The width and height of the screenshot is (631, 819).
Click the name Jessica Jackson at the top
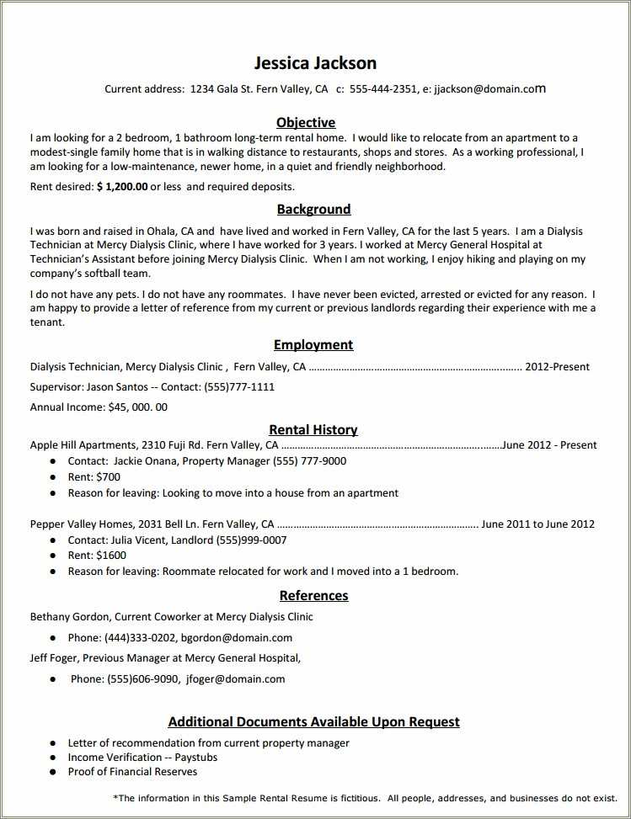[315, 63]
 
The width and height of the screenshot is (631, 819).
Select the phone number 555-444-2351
[382, 88]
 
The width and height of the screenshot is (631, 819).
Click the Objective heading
[306, 122]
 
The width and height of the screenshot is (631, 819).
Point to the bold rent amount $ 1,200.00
[122, 186]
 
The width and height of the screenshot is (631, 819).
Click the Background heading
[313, 209]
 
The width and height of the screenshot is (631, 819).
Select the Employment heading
[313, 344]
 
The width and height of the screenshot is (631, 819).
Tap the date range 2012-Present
[557, 366]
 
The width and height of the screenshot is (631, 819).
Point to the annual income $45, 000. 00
[138, 407]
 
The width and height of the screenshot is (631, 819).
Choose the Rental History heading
[313, 429]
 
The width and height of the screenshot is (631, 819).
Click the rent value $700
[109, 476]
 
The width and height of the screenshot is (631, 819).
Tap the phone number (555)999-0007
[251, 540]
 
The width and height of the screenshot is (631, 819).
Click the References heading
[313, 595]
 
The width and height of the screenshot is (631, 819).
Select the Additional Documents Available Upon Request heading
[313, 721]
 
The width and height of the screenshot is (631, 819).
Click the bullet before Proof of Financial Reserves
[52, 771]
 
